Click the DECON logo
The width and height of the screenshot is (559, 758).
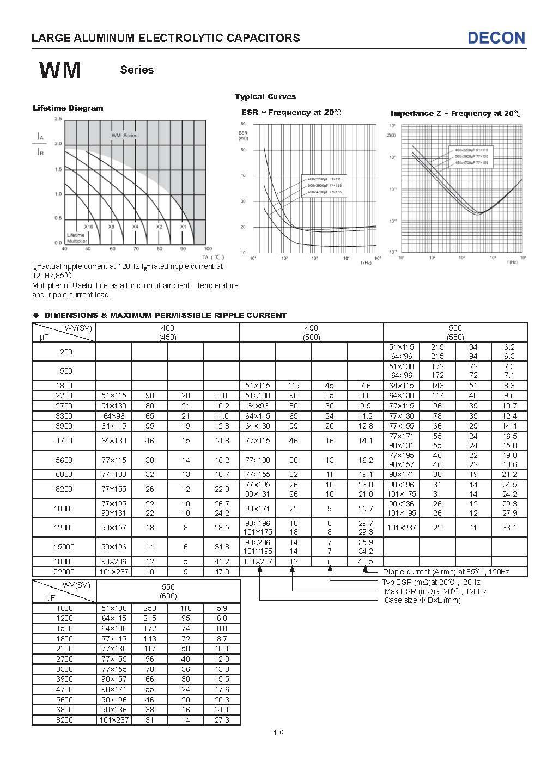point(496,38)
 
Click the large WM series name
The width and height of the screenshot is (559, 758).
point(60,70)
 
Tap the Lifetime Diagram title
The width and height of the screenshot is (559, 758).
point(68,108)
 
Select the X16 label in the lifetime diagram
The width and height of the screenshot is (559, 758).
point(88,227)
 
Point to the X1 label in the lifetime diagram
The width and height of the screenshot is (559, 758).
point(183,227)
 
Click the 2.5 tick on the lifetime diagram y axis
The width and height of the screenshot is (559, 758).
point(58,118)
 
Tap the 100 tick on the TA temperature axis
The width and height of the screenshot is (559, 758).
point(207,249)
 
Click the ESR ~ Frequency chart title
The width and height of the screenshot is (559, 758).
point(291,113)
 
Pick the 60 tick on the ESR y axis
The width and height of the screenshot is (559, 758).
point(243,124)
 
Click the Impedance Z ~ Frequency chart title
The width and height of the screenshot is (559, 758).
point(455,113)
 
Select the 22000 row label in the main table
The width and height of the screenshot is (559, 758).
point(64,572)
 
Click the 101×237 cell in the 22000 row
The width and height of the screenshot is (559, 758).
point(113,572)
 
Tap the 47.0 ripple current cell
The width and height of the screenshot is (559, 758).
point(222,572)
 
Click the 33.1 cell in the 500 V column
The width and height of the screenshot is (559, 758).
point(509,528)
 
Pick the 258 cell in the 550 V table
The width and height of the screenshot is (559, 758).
point(149,608)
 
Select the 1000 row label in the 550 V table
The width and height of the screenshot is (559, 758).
point(64,608)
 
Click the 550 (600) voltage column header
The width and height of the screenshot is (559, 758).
point(167,591)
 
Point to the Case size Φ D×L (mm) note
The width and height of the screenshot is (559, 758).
point(422,600)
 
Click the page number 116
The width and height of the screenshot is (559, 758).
point(278,732)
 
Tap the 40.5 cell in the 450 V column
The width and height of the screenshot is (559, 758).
point(366,562)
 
